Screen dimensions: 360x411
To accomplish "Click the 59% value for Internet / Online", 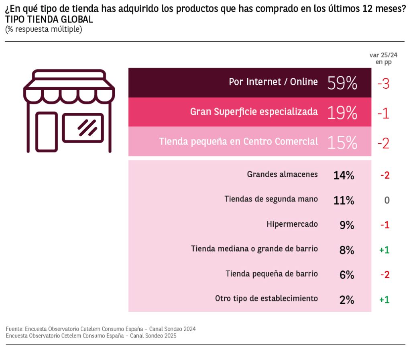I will (x=342, y=83).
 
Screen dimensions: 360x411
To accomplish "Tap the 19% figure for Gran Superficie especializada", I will (x=342, y=113).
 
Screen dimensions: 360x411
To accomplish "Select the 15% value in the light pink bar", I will (x=342, y=142).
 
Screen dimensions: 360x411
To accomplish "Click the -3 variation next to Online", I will (x=383, y=83).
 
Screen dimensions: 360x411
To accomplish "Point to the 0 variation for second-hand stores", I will (x=387, y=200).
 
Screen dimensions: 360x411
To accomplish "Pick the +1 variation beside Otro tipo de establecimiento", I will (x=384, y=299).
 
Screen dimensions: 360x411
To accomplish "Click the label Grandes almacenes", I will (x=282, y=175).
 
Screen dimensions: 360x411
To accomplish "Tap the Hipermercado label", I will (x=292, y=224).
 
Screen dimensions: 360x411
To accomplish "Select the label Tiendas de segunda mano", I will (x=271, y=199).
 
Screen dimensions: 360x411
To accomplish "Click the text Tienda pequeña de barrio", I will (x=272, y=274).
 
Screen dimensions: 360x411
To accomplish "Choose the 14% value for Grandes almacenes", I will (x=344, y=175).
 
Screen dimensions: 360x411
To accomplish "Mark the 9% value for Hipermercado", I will (x=346, y=225).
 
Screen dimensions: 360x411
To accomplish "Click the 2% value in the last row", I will (x=346, y=300).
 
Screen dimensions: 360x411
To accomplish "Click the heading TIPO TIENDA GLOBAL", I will (x=49, y=19).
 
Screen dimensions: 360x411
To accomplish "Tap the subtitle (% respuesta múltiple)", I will (x=44, y=29).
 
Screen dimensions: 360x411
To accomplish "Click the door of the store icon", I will (x=47, y=131).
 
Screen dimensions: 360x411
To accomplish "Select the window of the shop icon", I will (x=83, y=128).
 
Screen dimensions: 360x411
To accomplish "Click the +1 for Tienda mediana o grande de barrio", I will (x=384, y=250).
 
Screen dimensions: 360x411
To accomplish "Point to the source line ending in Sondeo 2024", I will (x=101, y=329).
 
